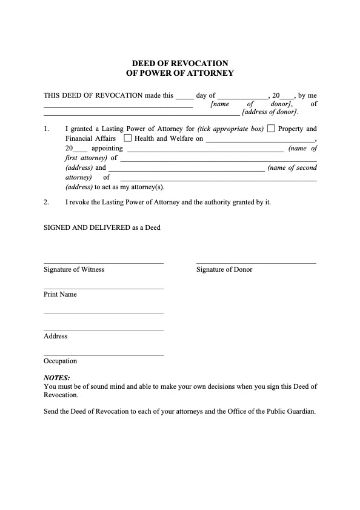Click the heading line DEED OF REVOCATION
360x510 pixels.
[180, 61]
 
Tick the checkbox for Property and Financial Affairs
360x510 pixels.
[272, 129]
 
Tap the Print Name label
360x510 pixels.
[60, 295]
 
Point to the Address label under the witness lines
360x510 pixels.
[56, 336]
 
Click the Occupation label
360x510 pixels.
[61, 360]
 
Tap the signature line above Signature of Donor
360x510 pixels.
[255, 263]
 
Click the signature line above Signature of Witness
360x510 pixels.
[103, 263]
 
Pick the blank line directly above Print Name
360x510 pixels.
[103, 288]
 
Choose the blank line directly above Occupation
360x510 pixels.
[103, 353]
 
